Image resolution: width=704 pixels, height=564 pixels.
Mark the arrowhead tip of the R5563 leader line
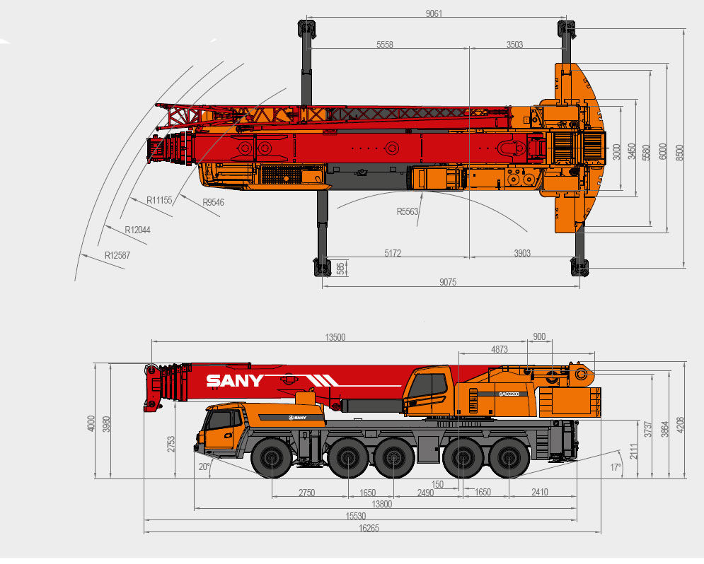(x=422, y=192)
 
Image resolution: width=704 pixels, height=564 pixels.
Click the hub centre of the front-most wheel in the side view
(x=272, y=458)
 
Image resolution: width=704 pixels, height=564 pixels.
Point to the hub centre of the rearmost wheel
(x=509, y=458)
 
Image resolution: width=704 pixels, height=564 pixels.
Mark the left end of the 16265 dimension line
(x=144, y=532)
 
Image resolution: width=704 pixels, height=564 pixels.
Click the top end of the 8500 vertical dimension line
(x=684, y=29)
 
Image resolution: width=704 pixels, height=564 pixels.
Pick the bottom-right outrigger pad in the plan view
(x=579, y=267)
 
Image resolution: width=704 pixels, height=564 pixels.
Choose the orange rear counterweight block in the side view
(x=570, y=402)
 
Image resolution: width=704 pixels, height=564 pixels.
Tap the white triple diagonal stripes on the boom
(x=324, y=381)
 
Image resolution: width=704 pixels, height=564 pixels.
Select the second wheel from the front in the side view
(x=348, y=458)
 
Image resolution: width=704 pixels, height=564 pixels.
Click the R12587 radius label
(x=117, y=255)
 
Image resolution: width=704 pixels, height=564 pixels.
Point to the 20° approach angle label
(x=204, y=466)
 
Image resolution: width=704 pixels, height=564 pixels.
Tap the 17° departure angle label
(x=616, y=467)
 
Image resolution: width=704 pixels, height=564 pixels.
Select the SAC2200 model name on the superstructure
(x=509, y=394)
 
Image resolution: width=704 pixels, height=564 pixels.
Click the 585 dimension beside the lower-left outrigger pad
(x=341, y=268)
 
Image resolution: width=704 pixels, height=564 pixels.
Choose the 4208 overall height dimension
(x=680, y=425)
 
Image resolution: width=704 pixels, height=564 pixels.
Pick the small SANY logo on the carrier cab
(x=298, y=418)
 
